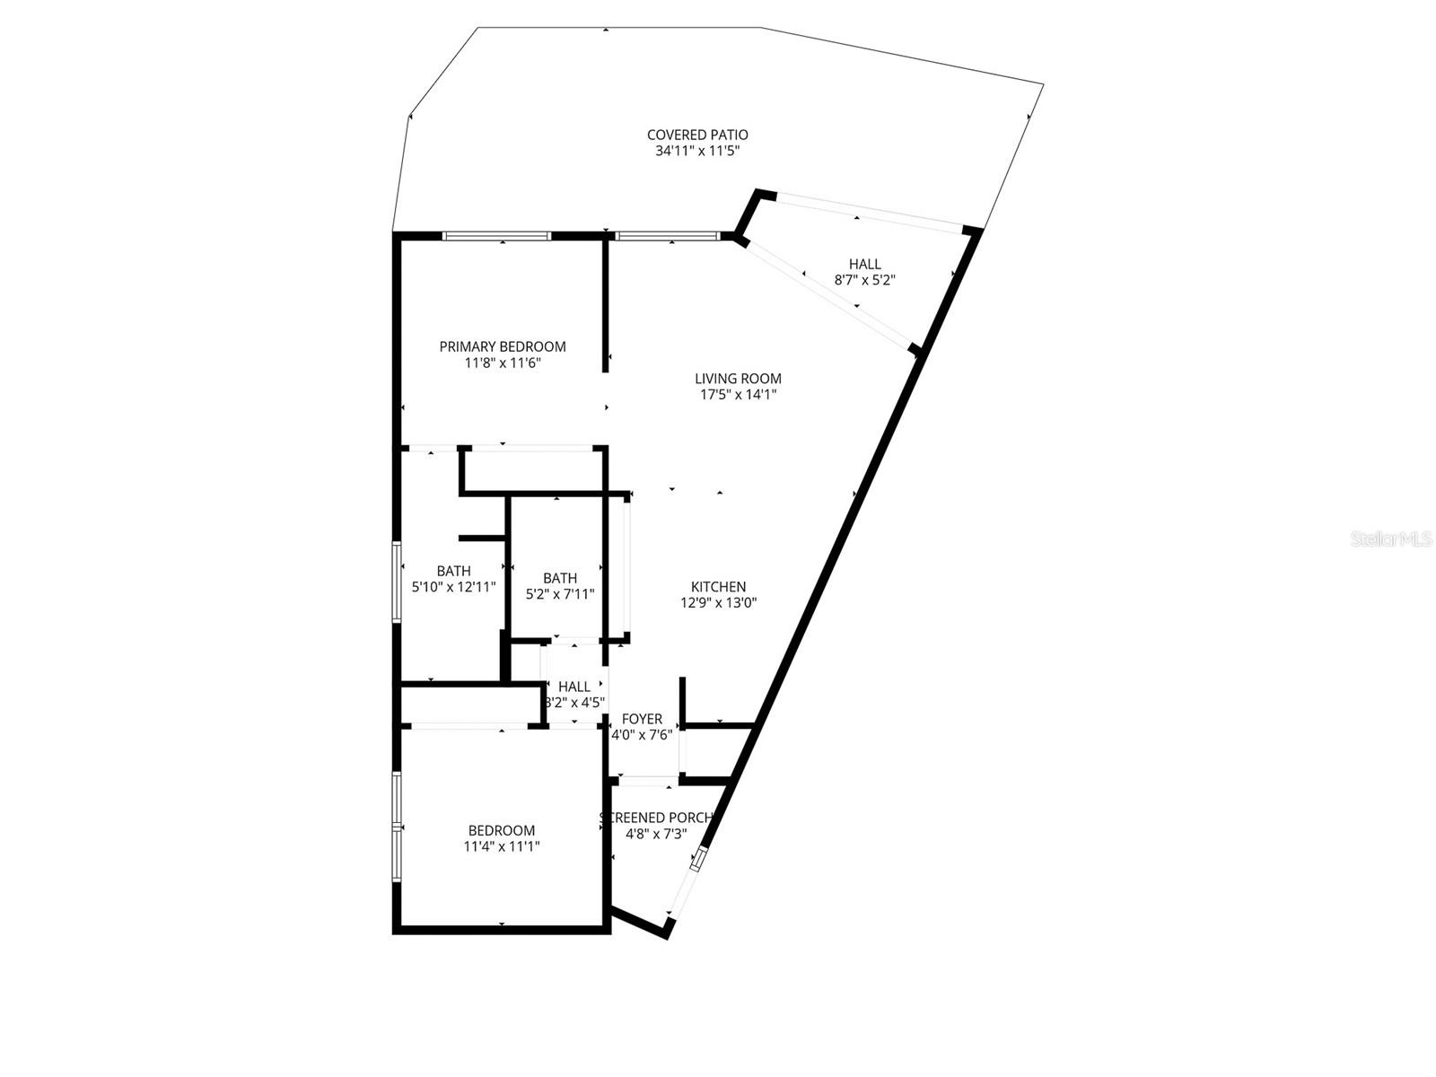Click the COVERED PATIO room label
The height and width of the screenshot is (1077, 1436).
click(x=697, y=136)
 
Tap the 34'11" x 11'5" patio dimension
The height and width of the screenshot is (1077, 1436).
click(x=697, y=152)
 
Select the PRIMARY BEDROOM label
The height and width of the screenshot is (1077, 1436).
click(x=503, y=347)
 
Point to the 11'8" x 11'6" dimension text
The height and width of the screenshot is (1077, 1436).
click(x=503, y=363)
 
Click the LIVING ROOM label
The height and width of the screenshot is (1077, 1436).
click(x=738, y=379)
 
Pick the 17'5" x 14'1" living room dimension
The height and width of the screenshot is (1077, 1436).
click(x=738, y=395)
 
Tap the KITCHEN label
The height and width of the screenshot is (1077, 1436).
click(x=718, y=587)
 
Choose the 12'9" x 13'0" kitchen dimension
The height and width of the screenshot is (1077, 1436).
click(x=718, y=603)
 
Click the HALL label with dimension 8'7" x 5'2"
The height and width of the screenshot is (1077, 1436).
click(x=864, y=264)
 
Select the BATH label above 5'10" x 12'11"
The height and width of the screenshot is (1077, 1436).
click(x=453, y=571)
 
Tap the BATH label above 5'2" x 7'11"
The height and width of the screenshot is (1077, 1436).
click(x=560, y=578)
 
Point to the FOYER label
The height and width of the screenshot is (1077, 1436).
click(x=642, y=719)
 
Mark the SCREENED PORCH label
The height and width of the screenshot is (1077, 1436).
click(x=656, y=818)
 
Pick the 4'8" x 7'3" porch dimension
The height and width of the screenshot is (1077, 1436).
click(x=656, y=834)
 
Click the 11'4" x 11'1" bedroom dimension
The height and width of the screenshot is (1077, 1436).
click(x=502, y=846)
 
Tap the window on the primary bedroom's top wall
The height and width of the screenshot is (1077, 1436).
click(x=496, y=236)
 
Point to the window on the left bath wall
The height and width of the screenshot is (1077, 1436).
click(x=397, y=582)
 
